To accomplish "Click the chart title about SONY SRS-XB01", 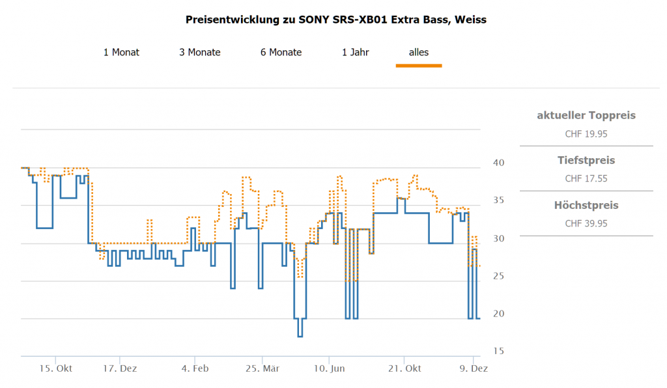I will point(335,20).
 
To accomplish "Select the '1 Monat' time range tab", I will point(121,52).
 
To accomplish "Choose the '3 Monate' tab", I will point(200,52).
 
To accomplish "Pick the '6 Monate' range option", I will point(281,52).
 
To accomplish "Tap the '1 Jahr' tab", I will point(356,52).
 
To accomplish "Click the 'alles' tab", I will point(419,52).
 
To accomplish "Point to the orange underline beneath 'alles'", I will point(419,65).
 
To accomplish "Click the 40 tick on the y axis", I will point(498,162).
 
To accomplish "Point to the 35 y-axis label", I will point(498,200).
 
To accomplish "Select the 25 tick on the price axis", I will point(498,276).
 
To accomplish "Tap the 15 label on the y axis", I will point(498,352).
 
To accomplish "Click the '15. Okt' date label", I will point(56,368).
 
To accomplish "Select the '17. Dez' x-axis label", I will point(120,368).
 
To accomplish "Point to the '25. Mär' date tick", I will point(263,368).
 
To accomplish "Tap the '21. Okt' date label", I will point(404,368).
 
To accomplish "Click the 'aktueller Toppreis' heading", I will point(586,116).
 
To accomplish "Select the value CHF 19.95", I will point(586,134).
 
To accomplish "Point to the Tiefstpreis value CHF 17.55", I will point(586,178).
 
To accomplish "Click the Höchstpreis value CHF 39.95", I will point(586,223).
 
